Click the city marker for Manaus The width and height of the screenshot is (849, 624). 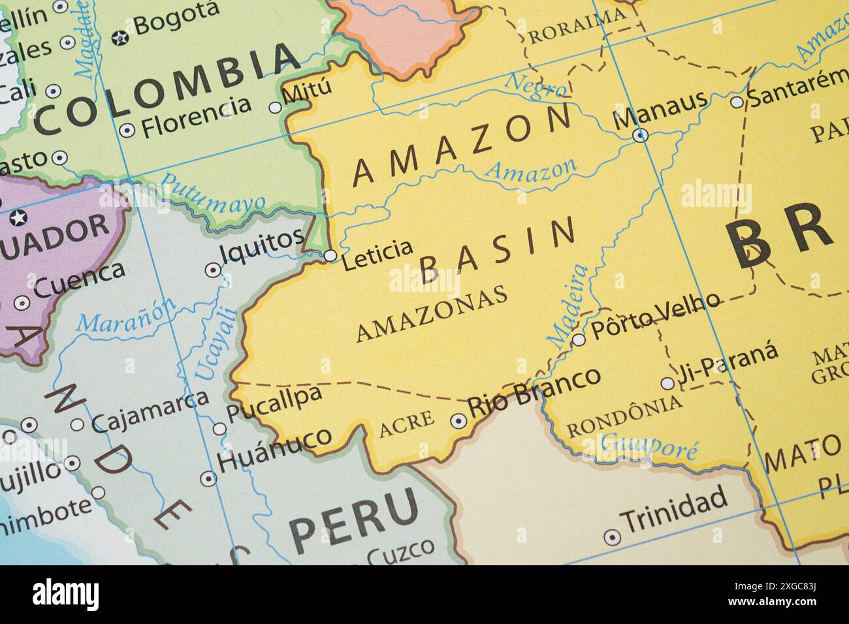coord(641,135)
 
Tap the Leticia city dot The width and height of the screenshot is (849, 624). coord(330,255)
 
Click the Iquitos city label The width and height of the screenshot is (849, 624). coord(261,241)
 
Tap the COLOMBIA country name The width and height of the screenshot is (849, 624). coord(167,90)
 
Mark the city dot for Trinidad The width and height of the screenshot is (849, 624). coord(612,537)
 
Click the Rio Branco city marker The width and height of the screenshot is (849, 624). coord(459,421)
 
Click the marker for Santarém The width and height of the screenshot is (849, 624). coord(737,102)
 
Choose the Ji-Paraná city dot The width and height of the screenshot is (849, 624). coord(667,383)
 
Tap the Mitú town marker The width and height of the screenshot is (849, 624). coord(276,108)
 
